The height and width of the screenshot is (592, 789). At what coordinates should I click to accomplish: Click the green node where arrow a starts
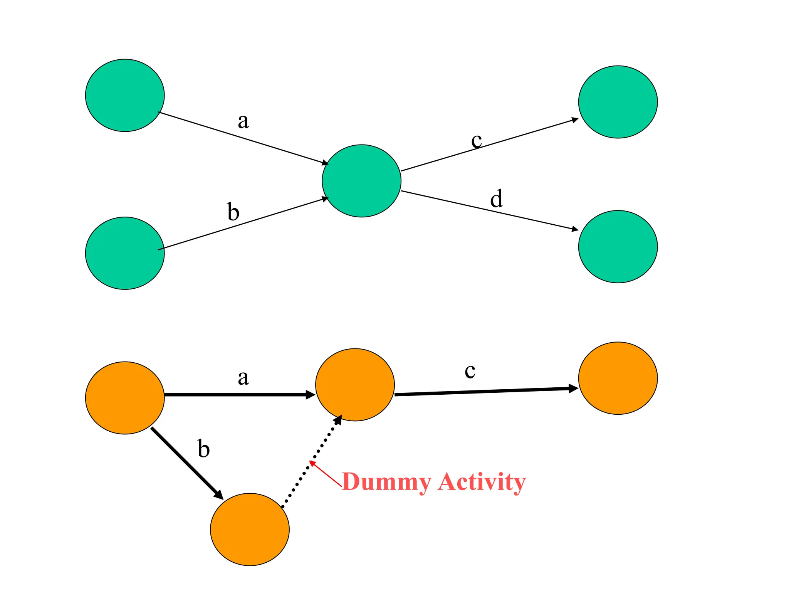[125, 95]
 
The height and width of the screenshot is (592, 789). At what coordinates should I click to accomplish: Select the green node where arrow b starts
[125, 253]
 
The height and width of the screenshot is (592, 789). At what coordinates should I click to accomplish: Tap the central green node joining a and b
[361, 181]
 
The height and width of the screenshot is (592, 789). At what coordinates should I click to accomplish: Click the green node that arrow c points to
[618, 102]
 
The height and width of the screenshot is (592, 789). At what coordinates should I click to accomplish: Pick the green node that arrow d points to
[618, 247]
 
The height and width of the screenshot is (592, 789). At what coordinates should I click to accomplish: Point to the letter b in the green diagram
[233, 212]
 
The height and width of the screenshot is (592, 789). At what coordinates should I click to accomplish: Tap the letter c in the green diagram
[477, 141]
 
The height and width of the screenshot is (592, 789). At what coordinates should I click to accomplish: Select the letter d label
[496, 199]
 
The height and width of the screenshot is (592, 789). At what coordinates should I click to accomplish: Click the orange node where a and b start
[125, 398]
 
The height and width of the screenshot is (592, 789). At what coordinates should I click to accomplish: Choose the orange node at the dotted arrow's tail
[250, 529]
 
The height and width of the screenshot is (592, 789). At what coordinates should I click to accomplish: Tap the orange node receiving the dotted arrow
[355, 385]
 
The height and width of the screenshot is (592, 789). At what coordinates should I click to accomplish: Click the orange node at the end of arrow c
[618, 378]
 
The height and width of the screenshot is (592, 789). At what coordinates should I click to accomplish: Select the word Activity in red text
[482, 482]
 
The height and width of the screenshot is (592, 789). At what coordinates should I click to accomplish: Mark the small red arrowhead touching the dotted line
[312, 463]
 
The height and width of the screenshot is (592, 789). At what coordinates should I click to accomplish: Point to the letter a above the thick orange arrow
[243, 378]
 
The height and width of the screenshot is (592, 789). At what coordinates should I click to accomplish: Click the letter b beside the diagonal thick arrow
[203, 449]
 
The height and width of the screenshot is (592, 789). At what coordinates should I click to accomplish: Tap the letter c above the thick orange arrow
[470, 371]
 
